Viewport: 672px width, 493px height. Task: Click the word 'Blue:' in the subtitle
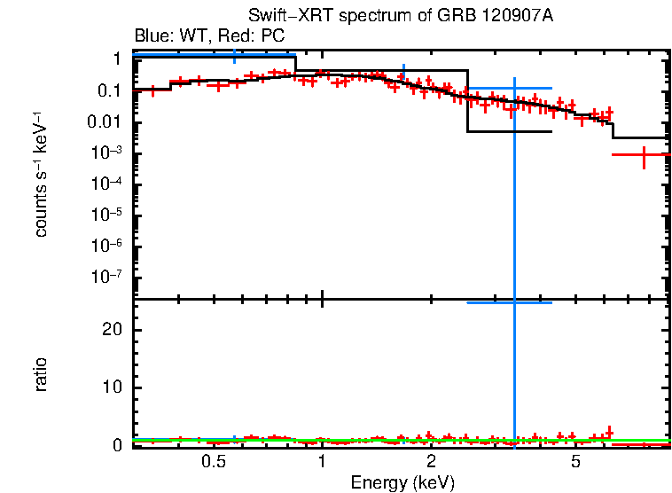point(151,36)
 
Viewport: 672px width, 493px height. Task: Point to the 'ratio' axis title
point(42,375)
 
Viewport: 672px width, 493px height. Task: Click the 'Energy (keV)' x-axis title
point(402,483)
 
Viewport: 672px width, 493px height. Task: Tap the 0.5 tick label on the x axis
point(213,462)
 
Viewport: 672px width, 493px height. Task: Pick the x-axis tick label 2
point(431,462)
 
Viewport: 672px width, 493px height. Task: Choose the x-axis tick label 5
point(575,462)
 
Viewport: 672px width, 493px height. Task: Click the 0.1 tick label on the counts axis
point(110,91)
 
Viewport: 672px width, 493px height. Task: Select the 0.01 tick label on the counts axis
point(105,122)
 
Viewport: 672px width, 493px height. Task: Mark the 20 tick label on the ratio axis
point(112,330)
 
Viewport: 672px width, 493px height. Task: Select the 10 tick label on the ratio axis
point(112,387)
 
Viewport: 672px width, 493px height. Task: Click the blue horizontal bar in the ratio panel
point(509,303)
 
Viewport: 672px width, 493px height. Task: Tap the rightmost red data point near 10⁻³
point(644,155)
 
